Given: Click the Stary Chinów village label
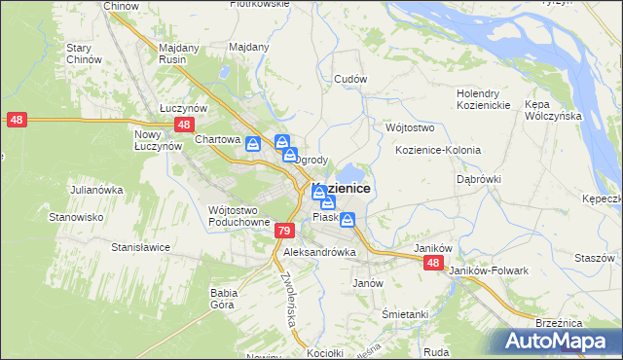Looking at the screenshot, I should coord(85,54).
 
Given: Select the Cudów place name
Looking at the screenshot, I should coord(349,79).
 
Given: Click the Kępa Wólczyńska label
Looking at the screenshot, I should coord(552,109).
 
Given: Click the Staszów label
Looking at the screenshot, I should coord(594,258).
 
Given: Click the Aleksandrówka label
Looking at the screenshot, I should coord(319,252).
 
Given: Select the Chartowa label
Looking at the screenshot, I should coord(217,139).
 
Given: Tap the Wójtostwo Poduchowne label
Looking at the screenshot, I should coord(238,216).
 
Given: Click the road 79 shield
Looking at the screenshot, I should coord(283,231).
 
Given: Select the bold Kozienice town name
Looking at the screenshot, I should coord(343,189).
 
